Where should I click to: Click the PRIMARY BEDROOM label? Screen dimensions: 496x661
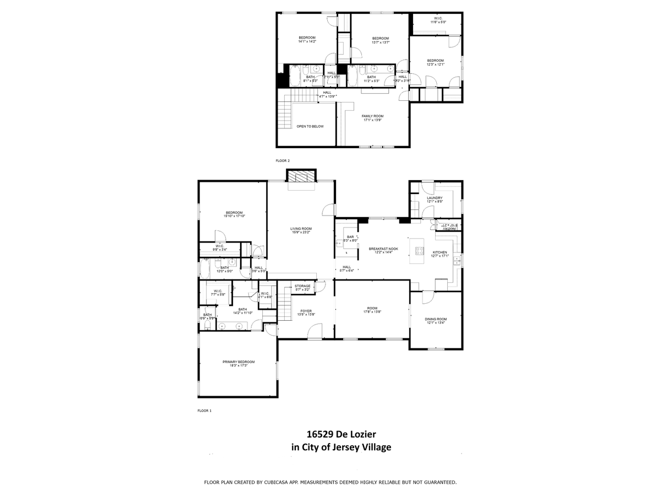(x=239, y=362)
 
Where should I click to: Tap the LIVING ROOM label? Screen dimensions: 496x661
(x=301, y=229)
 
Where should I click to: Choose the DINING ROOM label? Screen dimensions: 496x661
(x=435, y=319)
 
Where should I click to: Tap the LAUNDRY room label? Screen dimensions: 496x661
(x=435, y=198)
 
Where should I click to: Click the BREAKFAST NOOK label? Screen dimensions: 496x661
(x=383, y=249)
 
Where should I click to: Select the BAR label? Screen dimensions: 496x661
(x=350, y=238)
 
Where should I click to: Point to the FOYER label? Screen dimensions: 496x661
(x=306, y=311)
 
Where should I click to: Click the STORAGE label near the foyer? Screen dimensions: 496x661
(x=302, y=286)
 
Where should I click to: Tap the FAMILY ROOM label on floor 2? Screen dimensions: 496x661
(x=372, y=116)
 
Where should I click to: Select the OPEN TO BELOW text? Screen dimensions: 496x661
(x=310, y=126)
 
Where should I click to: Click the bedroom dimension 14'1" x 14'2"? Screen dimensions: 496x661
(x=307, y=41)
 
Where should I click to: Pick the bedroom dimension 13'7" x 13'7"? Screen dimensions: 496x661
(x=381, y=42)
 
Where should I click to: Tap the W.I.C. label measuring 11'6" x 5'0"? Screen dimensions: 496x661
(x=438, y=22)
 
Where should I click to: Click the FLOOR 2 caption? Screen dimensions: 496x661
(x=283, y=160)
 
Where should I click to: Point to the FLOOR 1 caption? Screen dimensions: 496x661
(x=204, y=411)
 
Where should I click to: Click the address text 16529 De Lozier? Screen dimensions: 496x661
(x=341, y=434)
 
